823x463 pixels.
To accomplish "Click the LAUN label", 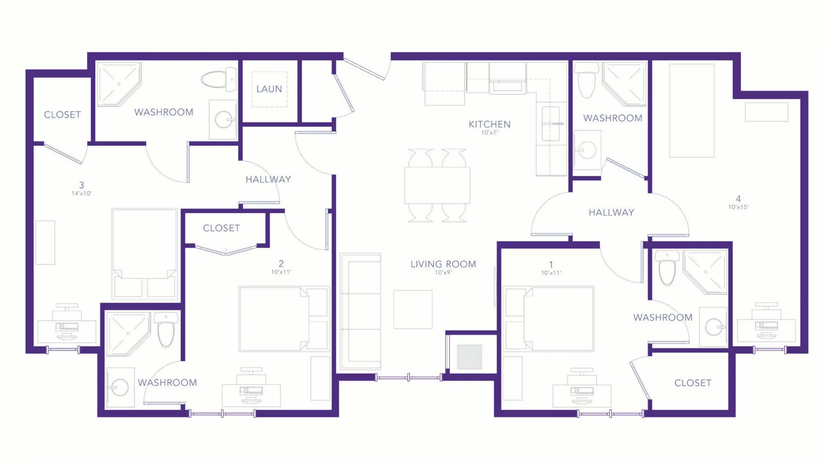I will click(269, 89).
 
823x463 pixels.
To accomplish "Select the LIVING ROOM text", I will click(443, 264).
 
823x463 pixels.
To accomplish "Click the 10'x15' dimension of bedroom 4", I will click(738, 207).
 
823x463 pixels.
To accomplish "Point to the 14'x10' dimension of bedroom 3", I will click(82, 193).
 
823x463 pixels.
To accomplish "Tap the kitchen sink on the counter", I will click(551, 124).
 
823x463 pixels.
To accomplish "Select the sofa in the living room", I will click(361, 311).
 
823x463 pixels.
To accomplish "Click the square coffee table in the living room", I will click(413, 309).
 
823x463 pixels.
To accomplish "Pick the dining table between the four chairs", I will click(437, 185).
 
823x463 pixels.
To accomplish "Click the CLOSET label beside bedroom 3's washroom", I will click(62, 115).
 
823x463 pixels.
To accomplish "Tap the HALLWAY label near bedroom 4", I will click(611, 212).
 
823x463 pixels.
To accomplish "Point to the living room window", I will click(409, 377).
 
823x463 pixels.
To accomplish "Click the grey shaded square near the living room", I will click(469, 357).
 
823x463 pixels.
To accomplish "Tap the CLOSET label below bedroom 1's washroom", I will click(693, 383).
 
